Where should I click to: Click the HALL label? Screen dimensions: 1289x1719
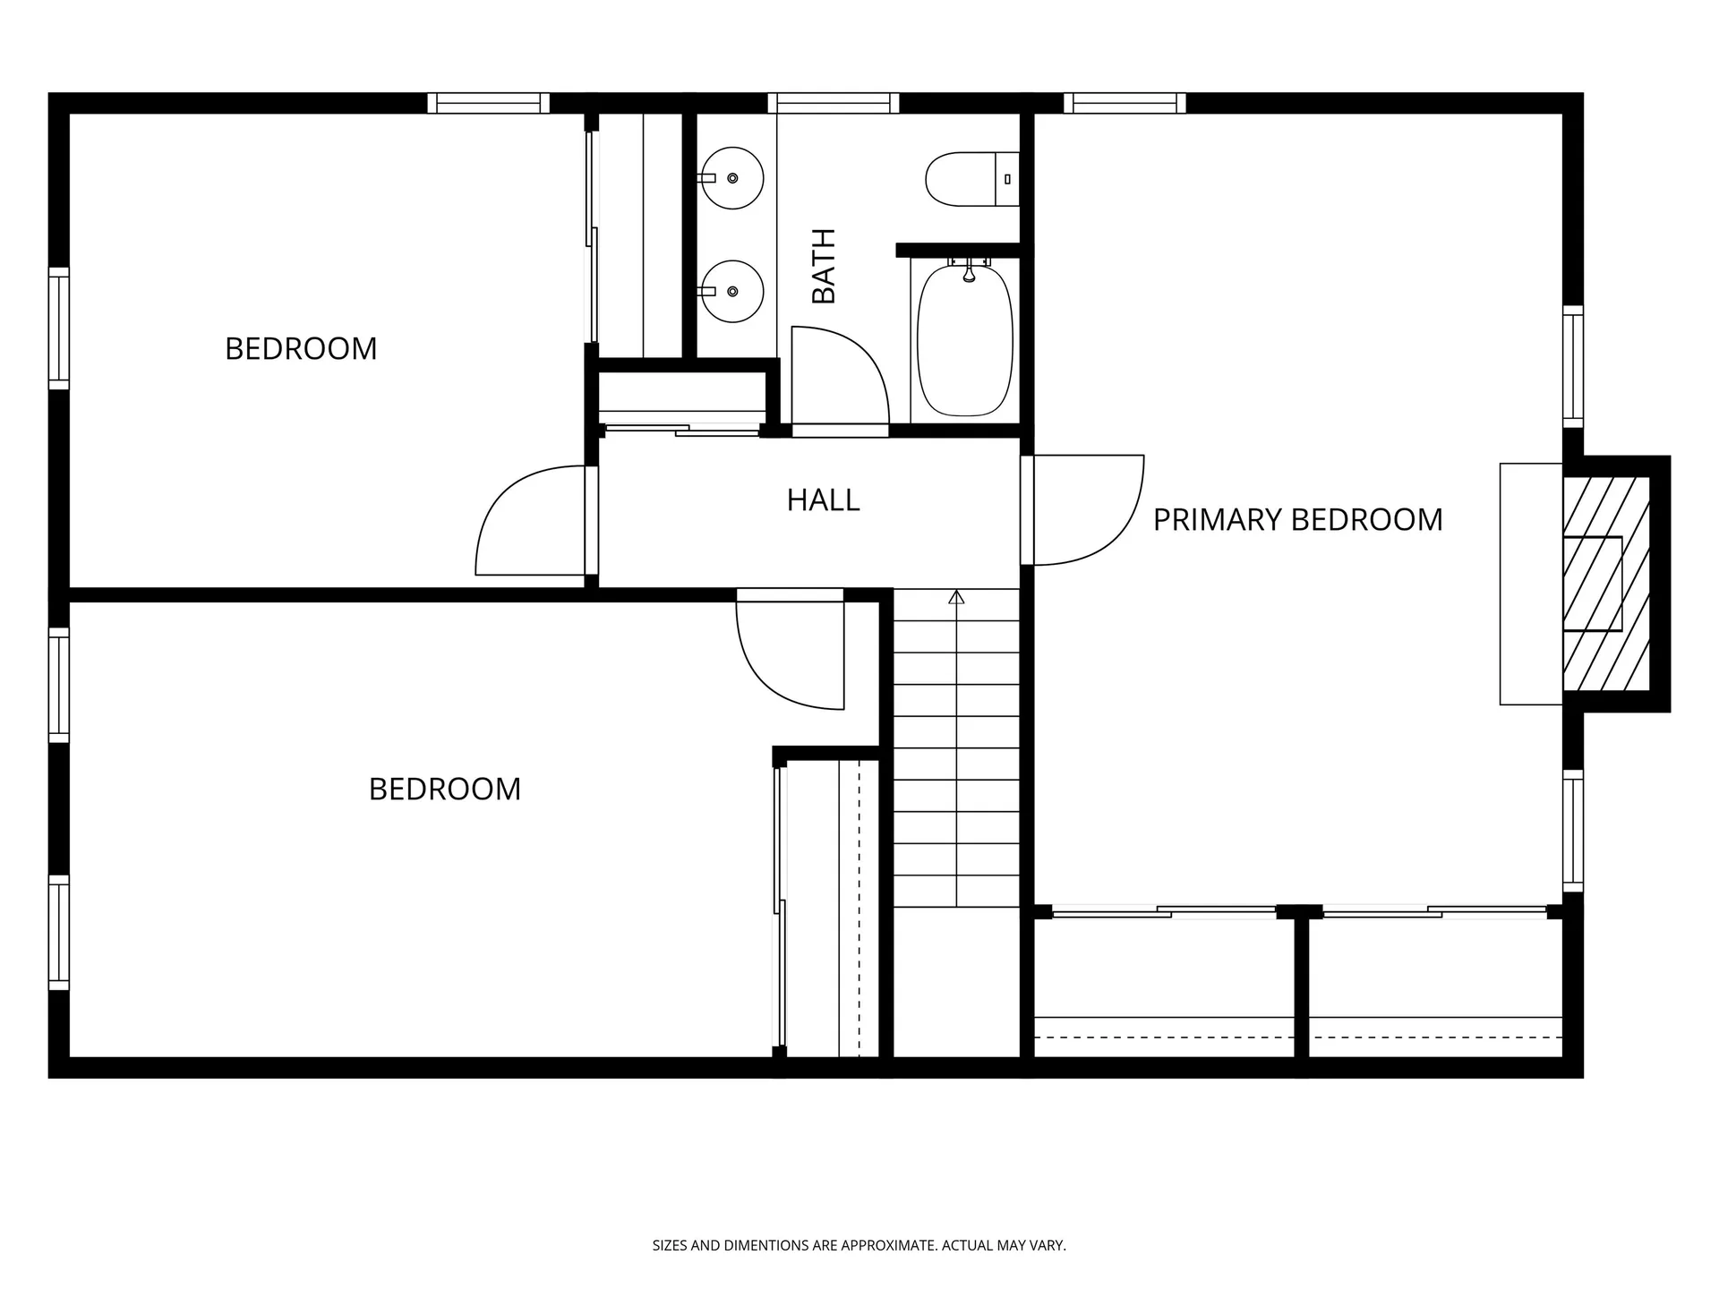(823, 500)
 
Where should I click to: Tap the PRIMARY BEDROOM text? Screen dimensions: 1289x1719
(1297, 520)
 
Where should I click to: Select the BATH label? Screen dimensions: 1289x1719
(824, 266)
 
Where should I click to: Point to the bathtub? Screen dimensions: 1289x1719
(965, 340)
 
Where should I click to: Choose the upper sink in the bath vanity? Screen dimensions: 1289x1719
(731, 178)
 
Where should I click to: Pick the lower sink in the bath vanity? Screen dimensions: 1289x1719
(731, 291)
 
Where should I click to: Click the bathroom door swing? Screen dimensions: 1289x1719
(837, 376)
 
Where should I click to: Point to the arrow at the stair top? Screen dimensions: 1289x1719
(956, 597)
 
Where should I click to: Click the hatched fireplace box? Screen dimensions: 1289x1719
(1606, 584)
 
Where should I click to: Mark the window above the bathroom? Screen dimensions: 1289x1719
(833, 103)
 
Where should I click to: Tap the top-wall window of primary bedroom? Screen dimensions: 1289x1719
(1125, 103)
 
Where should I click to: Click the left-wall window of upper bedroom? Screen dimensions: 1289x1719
(58, 329)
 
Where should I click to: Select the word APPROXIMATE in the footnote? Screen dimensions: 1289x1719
(891, 1245)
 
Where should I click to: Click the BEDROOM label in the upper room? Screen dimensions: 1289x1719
(301, 349)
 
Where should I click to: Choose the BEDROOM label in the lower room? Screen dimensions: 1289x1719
(444, 790)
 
